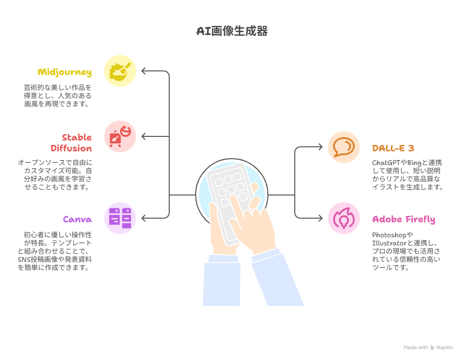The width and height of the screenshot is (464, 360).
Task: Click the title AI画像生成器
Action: [x=232, y=31]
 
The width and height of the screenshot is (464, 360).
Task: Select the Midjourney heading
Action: [x=65, y=72]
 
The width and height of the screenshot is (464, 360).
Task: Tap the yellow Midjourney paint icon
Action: [x=120, y=71]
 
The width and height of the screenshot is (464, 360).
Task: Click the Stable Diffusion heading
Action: [x=71, y=143]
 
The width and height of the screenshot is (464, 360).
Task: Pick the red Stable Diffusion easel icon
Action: [x=120, y=136]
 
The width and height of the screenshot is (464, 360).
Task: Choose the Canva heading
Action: [x=77, y=219]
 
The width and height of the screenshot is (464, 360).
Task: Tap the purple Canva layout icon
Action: [x=120, y=218]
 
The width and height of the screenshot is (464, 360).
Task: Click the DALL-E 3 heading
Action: [x=393, y=148]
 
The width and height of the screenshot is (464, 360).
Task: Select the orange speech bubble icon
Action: [x=344, y=147]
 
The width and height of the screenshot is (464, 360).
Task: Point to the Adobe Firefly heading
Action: [x=403, y=219]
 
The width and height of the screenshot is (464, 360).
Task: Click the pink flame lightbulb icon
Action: [x=344, y=218]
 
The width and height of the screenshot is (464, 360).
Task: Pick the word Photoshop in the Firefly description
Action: [x=389, y=235]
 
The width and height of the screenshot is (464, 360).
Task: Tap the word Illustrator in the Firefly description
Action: [x=389, y=243]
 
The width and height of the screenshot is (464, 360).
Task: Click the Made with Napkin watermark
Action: [x=428, y=348]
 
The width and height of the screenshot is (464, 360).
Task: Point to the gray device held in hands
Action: [x=230, y=201]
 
